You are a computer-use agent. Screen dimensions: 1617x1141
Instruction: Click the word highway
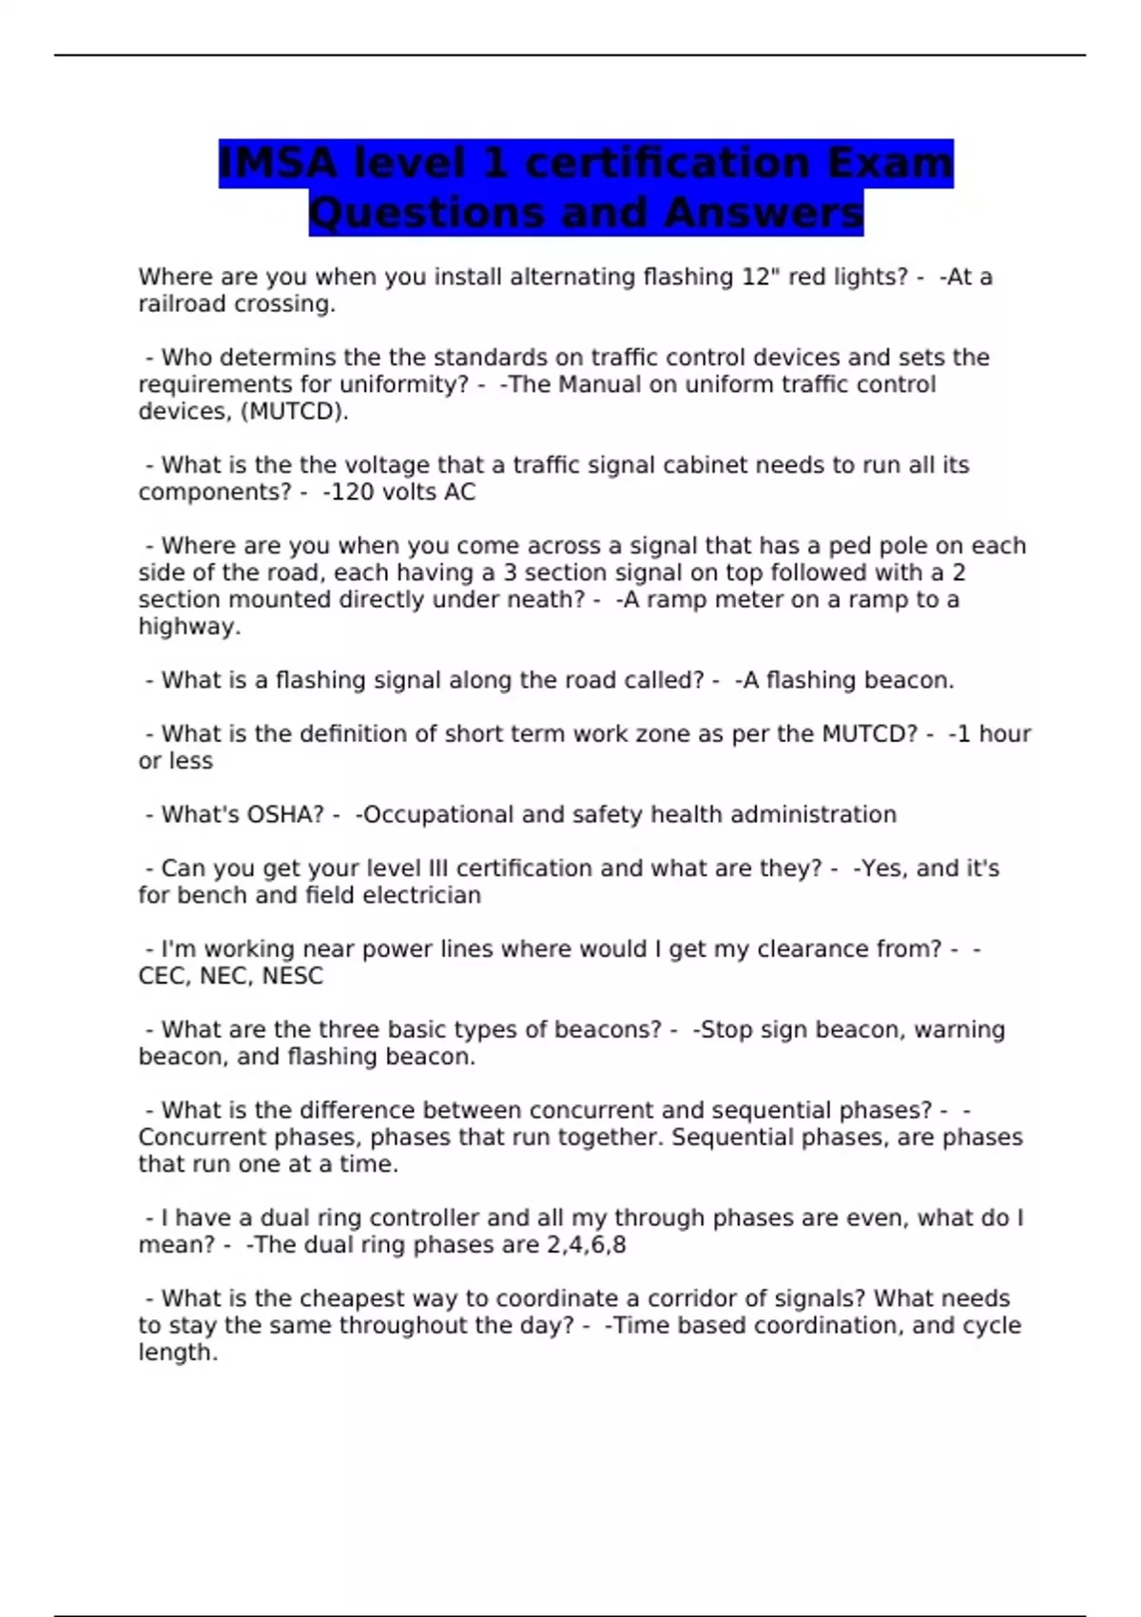(187, 627)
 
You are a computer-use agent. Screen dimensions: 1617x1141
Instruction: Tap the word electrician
(421, 896)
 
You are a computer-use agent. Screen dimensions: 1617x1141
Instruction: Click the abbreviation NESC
(293, 976)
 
